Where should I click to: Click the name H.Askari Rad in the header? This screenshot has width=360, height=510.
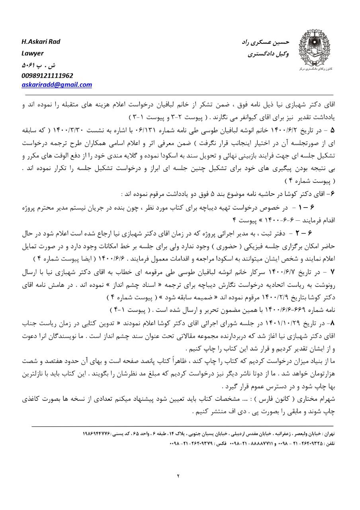(41, 42)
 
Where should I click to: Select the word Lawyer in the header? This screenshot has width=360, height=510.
(33, 53)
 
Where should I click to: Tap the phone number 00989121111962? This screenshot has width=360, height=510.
(47, 75)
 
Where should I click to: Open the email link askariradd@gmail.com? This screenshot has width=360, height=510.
(57, 84)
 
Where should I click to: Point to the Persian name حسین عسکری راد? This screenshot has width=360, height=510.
(266, 42)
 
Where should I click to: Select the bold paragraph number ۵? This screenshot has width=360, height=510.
(333, 131)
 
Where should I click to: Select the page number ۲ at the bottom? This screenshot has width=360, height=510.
(179, 475)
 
